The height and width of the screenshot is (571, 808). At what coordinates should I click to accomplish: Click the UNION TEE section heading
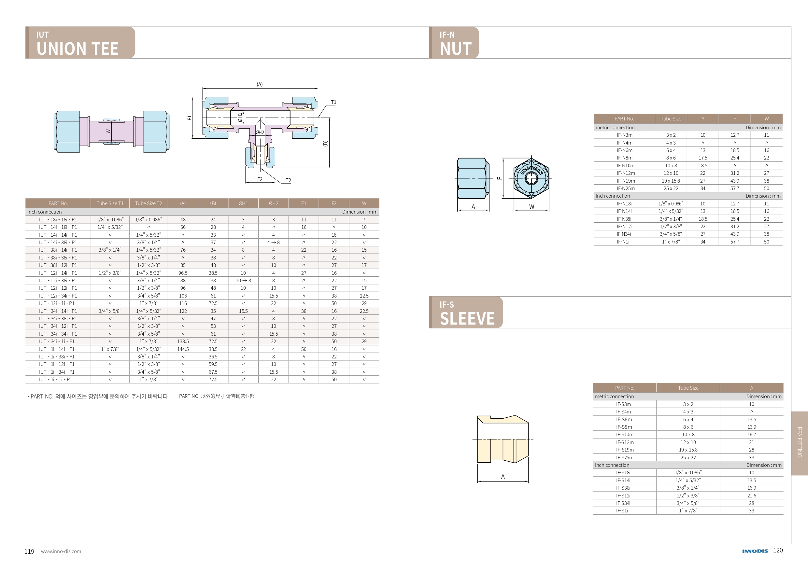click(x=78, y=49)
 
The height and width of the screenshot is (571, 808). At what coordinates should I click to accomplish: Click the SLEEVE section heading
click(x=467, y=318)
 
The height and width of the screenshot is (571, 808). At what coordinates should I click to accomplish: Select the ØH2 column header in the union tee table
click(x=274, y=203)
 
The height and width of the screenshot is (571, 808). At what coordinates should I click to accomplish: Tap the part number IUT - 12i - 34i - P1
click(x=58, y=296)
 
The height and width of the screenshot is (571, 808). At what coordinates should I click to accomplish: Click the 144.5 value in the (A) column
click(x=183, y=349)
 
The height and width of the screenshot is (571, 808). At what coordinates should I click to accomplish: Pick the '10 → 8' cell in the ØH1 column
click(x=243, y=281)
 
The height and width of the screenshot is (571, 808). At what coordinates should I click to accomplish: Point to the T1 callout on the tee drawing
click(x=333, y=102)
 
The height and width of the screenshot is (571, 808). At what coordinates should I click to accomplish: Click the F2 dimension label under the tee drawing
click(x=260, y=179)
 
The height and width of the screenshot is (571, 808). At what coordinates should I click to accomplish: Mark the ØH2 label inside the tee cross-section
click(x=260, y=132)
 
